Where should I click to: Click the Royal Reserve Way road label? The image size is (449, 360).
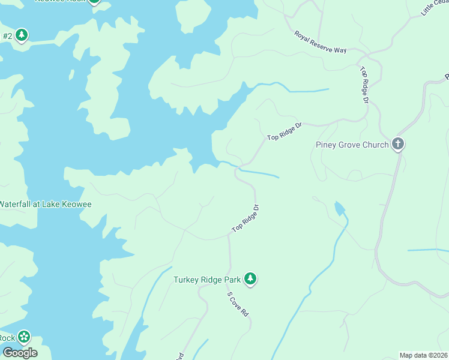pos(321,42)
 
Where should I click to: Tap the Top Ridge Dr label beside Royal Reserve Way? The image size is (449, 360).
pos(364,85)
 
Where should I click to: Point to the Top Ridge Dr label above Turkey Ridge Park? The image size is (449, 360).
pos(246,218)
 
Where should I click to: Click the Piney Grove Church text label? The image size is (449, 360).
pos(352,145)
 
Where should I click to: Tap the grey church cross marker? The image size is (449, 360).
pos(397,144)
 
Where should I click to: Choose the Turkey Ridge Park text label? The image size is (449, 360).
pos(207,280)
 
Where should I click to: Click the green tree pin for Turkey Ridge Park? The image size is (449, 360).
pos(250,279)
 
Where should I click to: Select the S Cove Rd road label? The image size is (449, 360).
pos(238,304)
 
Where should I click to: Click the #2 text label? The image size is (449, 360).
pos(7,36)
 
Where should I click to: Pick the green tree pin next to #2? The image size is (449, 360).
pos(22,35)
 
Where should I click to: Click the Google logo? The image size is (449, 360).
pos(19,353)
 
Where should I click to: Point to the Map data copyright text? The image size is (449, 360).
pos(424,355)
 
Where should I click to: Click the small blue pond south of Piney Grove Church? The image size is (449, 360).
pos(339,209)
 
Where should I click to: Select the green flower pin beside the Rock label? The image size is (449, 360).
pos(24,337)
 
